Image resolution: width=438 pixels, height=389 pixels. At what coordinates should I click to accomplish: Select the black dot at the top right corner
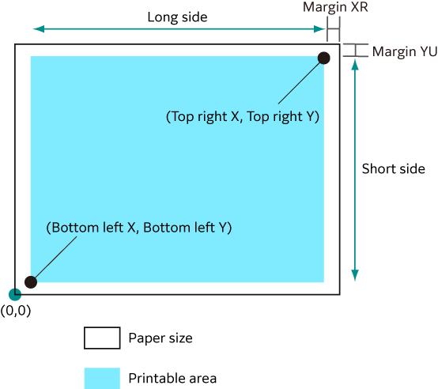click(x=323, y=58)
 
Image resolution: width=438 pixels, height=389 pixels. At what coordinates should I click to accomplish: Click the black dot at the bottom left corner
click(x=31, y=282)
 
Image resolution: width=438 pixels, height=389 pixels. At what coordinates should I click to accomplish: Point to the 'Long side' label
click(x=177, y=17)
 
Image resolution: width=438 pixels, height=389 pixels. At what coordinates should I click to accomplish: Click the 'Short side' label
click(x=393, y=168)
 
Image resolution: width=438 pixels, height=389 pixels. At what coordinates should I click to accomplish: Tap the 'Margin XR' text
click(x=335, y=7)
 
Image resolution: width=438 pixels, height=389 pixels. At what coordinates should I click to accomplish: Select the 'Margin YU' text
click(x=405, y=51)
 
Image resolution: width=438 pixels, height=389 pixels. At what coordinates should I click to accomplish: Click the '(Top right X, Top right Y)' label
click(x=243, y=116)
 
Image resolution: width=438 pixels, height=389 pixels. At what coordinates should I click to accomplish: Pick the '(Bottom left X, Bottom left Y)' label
click(x=139, y=228)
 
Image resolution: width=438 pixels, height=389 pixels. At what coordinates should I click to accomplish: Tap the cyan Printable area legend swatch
click(x=102, y=379)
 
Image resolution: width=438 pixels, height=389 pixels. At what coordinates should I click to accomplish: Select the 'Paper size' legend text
click(x=160, y=338)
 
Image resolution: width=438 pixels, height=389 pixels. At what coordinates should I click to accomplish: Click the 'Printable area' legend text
click(x=172, y=379)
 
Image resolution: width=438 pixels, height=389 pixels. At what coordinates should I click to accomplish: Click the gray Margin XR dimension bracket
click(x=334, y=28)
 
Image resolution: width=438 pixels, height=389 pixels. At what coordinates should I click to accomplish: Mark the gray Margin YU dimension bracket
click(x=355, y=51)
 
